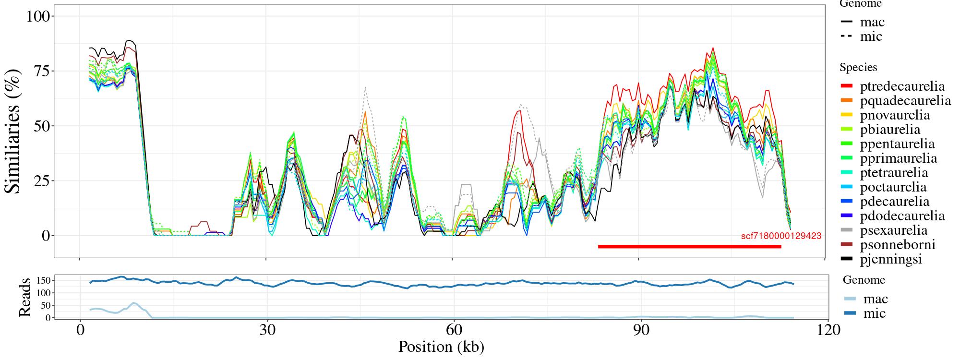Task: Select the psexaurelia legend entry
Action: click(894, 230)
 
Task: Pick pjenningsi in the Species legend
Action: click(891, 259)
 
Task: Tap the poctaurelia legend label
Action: click(893, 187)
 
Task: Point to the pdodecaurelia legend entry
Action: click(902, 216)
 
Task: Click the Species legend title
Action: click(858, 68)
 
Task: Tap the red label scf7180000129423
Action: click(781, 236)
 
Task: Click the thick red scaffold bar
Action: click(689, 247)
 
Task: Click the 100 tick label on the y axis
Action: click(38, 16)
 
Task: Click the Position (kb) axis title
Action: click(441, 347)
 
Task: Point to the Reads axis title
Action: click(24, 297)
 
